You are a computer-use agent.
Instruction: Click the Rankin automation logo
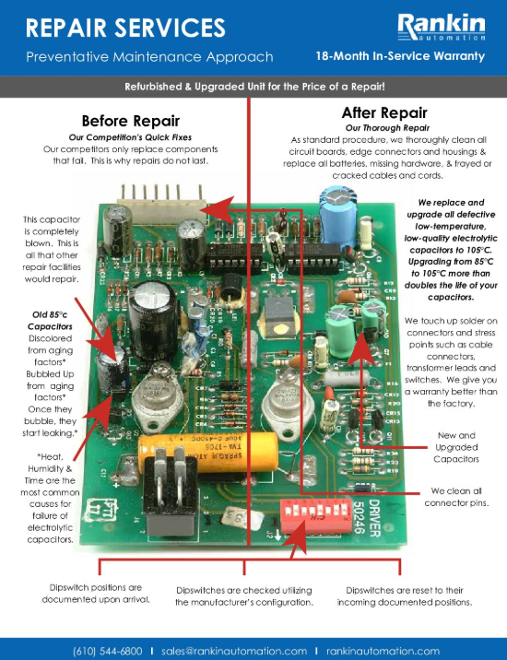click(442, 28)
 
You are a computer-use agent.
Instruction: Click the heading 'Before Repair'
click(131, 121)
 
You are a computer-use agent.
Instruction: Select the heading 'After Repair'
click(384, 112)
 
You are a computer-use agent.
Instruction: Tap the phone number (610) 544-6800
click(108, 651)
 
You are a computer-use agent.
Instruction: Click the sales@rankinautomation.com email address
click(234, 651)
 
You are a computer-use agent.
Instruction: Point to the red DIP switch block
click(316, 515)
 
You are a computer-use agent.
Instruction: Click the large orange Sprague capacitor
click(208, 454)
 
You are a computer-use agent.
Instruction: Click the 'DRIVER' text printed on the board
click(374, 518)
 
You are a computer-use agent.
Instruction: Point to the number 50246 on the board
click(358, 518)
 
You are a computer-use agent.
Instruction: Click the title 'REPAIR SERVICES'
click(125, 28)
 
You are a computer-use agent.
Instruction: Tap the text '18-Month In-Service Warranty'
click(400, 56)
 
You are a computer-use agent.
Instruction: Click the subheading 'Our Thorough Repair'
click(387, 128)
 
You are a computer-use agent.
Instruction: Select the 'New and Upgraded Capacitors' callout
click(456, 447)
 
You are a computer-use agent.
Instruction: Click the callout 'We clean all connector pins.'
click(456, 497)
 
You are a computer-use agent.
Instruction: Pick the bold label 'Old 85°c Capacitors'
click(50, 320)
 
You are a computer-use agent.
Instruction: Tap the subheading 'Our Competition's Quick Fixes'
click(130, 137)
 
